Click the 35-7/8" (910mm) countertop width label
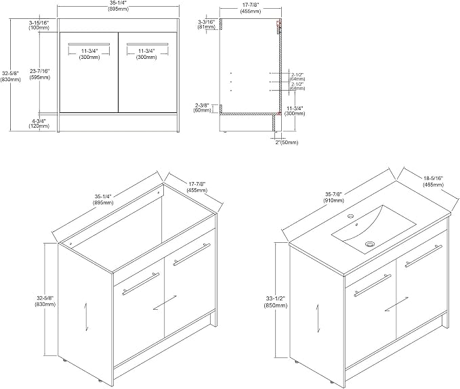(334, 198)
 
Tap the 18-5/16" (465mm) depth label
(433, 181)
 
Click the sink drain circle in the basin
(370, 244)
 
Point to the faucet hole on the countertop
(350, 216)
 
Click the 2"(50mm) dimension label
(287, 143)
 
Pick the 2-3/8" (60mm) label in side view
(202, 108)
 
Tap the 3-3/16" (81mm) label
(206, 24)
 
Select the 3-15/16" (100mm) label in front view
(39, 25)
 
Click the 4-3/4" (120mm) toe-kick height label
(39, 123)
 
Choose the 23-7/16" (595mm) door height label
(40, 74)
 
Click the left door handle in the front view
(89, 44)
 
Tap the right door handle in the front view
(148, 44)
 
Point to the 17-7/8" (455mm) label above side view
(251, 9)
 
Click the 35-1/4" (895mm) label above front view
(118, 6)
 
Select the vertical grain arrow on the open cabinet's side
(86, 317)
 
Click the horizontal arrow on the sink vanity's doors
(396, 304)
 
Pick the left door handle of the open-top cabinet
(141, 284)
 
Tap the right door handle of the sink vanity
(423, 256)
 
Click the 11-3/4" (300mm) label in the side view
(295, 110)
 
